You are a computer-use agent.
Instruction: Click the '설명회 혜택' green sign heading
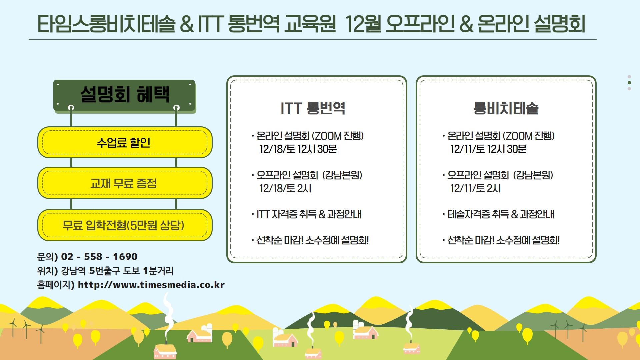pos(125,94)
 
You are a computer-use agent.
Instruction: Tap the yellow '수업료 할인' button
pos(125,142)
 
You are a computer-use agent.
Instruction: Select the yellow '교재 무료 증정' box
pos(125,183)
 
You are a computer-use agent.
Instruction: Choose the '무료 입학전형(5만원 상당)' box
pos(125,225)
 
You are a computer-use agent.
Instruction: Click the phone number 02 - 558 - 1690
pos(99,256)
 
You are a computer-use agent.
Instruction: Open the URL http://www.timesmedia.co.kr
pos(151,285)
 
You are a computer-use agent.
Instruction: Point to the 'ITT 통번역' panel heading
pos(313,108)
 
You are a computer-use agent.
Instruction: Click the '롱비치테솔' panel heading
pos(506,108)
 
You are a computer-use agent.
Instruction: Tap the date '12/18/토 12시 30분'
pos(298,149)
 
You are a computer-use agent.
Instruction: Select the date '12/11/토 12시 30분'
pos(488,149)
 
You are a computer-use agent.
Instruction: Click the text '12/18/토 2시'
pos(285,188)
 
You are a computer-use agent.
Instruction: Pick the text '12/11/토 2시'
pos(476,188)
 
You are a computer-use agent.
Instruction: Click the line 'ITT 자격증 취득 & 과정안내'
pos(309,214)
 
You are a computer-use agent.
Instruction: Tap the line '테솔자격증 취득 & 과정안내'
pos(501,214)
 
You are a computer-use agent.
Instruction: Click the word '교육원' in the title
pos(310,24)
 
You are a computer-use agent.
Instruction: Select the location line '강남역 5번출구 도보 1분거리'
pos(117,271)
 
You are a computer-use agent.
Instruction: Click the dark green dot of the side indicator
pos(629,83)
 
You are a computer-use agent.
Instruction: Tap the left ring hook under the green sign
pos(71,107)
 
